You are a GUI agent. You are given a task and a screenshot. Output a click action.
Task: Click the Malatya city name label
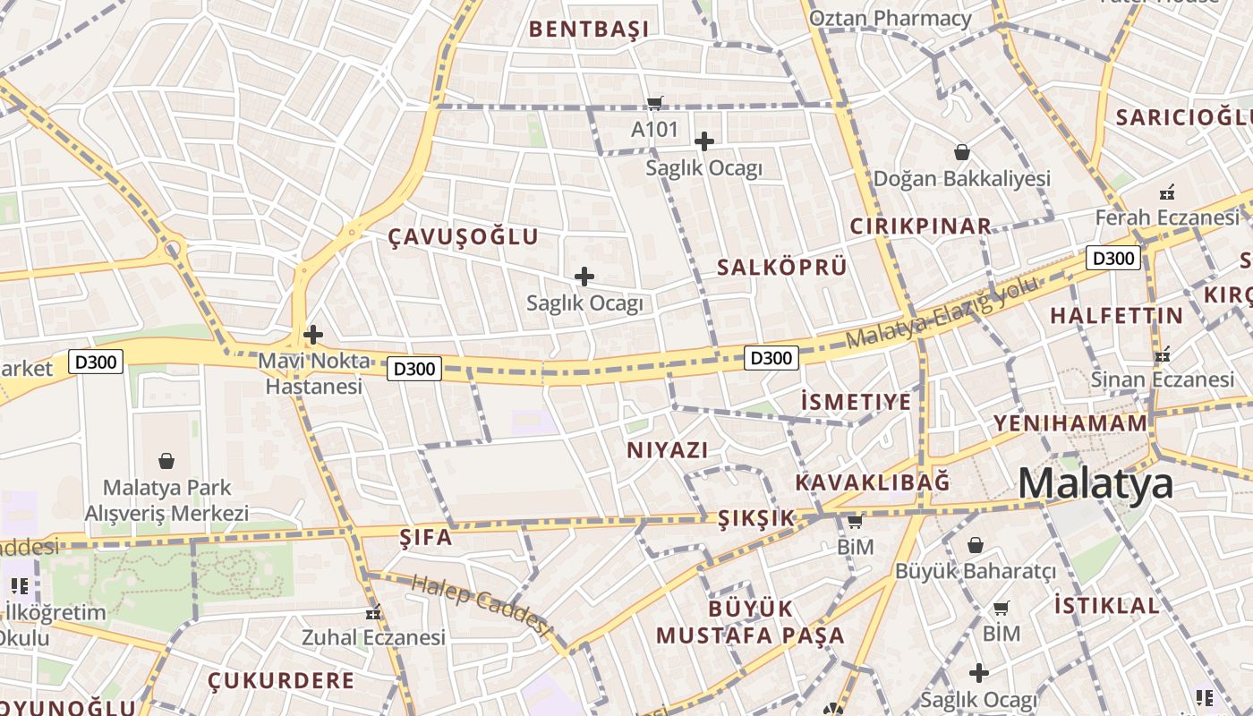[1095, 483]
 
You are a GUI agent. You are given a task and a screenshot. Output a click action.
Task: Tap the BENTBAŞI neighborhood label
[588, 29]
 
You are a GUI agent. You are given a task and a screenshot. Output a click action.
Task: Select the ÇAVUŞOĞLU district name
[463, 236]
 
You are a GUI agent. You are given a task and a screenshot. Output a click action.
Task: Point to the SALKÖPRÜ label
[781, 267]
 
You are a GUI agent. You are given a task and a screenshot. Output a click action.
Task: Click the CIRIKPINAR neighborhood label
[920, 226]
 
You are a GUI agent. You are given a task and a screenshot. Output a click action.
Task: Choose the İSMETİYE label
[856, 402]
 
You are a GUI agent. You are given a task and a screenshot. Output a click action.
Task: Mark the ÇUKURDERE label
[281, 680]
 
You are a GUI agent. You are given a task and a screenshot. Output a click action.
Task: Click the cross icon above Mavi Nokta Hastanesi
[312, 336]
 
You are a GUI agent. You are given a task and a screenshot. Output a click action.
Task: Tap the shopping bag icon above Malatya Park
[166, 462]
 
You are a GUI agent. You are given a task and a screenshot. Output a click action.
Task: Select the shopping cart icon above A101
[655, 103]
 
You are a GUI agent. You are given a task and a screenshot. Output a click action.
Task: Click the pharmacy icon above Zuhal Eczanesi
[373, 613]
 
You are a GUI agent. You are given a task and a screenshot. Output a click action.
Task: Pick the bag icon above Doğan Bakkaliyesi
[962, 152]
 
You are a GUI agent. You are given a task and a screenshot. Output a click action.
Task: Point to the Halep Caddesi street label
[479, 604]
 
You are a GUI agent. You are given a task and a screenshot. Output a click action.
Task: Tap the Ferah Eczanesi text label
[1167, 217]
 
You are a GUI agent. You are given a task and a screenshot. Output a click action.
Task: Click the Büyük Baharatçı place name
[976, 570]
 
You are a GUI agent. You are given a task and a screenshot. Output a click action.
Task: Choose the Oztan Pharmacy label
[890, 18]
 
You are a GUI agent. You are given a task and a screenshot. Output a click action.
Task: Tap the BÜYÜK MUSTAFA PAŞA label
[750, 622]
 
